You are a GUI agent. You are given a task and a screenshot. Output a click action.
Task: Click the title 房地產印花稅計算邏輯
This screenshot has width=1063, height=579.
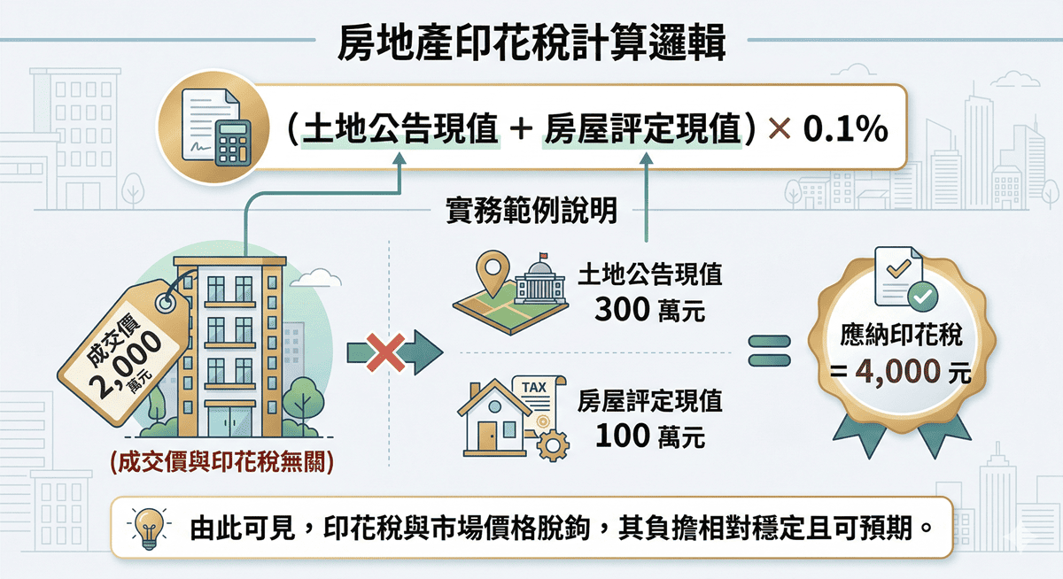(531, 42)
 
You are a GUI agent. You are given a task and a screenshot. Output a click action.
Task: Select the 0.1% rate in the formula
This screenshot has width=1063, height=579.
(844, 131)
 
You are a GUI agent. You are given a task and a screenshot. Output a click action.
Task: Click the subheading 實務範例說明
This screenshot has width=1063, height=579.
(531, 214)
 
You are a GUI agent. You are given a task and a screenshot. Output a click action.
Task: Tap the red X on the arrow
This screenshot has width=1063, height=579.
(385, 352)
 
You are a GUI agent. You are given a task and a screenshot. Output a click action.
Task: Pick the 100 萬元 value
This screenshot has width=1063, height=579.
(650, 436)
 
